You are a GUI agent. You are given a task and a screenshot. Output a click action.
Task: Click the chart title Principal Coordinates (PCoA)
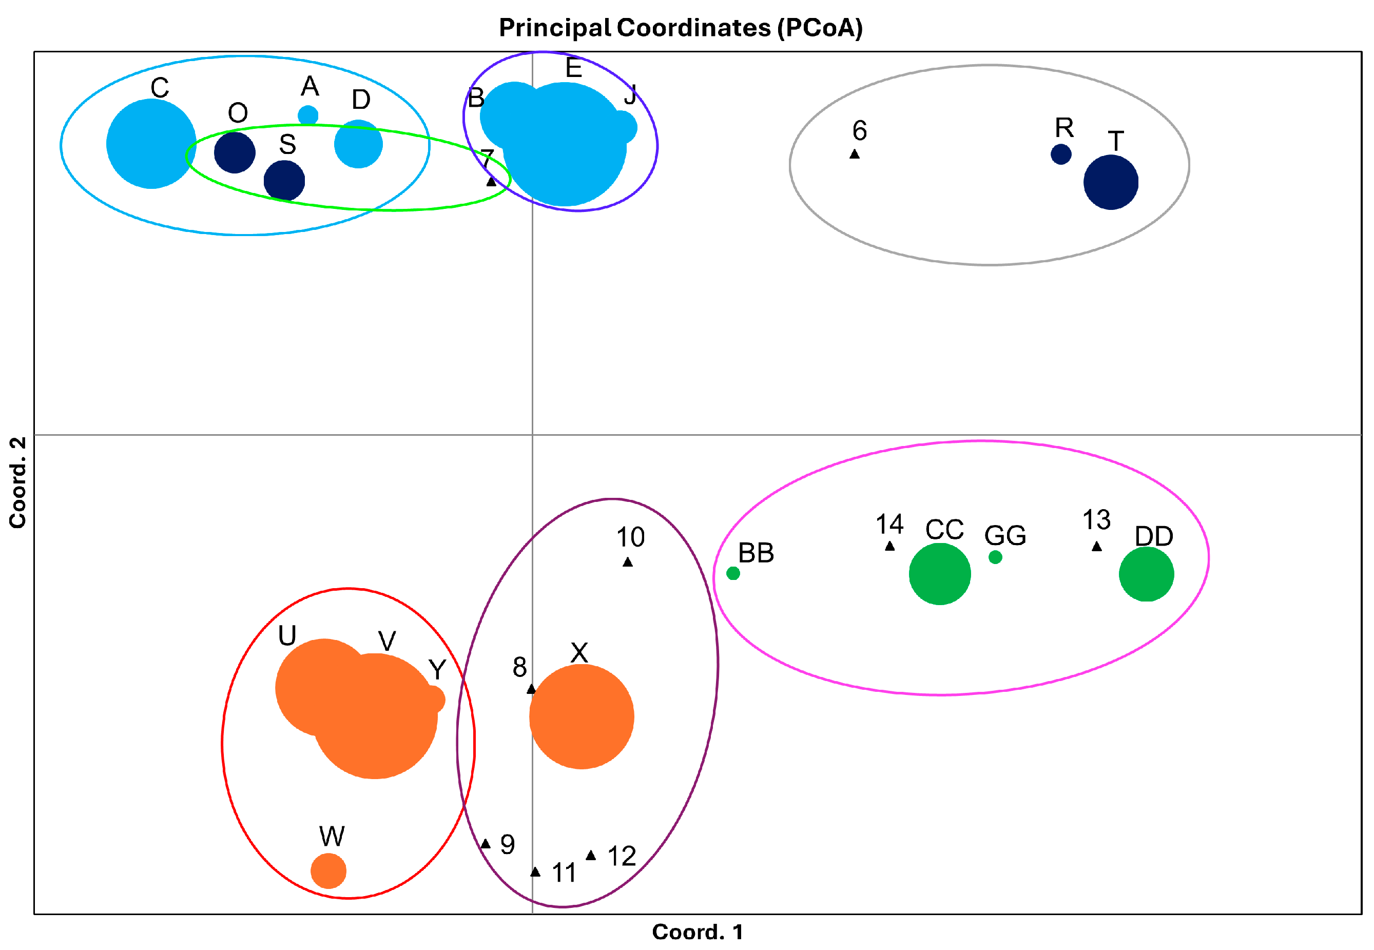[681, 28]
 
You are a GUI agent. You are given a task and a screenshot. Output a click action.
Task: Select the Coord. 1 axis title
[697, 932]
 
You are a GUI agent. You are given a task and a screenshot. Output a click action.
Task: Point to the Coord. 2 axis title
[18, 482]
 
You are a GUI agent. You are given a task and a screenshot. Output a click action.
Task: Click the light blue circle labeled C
[151, 144]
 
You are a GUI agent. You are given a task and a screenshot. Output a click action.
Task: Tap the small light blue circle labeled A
[308, 115]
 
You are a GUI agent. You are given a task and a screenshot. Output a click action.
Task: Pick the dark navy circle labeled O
[235, 152]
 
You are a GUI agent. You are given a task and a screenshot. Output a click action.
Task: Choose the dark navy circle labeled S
[284, 180]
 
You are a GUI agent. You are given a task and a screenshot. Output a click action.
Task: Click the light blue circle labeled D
[358, 144]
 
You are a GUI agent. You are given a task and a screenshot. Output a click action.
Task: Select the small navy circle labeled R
[1061, 154]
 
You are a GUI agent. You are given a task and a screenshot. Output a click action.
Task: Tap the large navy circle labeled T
[1111, 182]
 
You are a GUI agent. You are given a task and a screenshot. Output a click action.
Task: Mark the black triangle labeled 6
[854, 154]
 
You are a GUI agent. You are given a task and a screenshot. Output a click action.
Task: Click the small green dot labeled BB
[733, 573]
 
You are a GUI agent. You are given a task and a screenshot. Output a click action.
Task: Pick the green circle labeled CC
[940, 574]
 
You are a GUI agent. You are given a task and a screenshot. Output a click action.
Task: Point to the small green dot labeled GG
[995, 557]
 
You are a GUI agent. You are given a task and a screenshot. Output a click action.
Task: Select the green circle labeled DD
[1147, 574]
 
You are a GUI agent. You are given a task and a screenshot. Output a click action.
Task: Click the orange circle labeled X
[582, 716]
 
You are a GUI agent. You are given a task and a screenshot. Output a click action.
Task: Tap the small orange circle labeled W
[328, 871]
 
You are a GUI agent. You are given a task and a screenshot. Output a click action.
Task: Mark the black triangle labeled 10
[628, 562]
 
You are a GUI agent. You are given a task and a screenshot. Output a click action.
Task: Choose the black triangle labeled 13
[1096, 547]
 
